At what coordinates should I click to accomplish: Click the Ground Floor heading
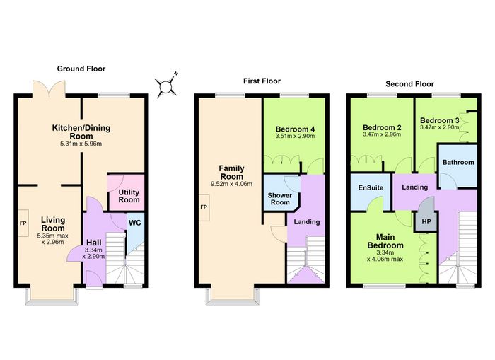coord(81,69)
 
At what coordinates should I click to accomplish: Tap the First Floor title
coord(262,81)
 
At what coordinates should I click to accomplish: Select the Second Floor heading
coord(409,84)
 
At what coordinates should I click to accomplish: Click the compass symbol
coord(166,86)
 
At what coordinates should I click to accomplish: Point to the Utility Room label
coord(129,196)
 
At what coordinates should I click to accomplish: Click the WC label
coord(135,223)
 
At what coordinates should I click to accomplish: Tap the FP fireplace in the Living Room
coord(23,223)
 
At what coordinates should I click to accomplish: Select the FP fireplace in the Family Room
coord(204,207)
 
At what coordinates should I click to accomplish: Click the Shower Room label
coord(280,199)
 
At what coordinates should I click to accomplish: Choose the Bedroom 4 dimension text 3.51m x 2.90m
coord(295,136)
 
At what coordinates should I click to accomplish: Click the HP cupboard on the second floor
coord(426,221)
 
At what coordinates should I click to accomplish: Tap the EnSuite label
coord(371,187)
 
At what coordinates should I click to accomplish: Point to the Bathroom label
coord(458,162)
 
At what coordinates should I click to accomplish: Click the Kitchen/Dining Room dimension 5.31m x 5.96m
coord(81,144)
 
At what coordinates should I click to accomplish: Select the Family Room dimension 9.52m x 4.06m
coord(231,184)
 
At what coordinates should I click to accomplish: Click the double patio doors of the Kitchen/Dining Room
coord(49,88)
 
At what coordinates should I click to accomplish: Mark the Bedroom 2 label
coord(382,127)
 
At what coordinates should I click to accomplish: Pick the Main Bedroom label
coord(385,241)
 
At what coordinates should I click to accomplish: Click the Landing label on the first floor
coord(307,222)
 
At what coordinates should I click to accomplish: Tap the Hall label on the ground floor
coord(94,243)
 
